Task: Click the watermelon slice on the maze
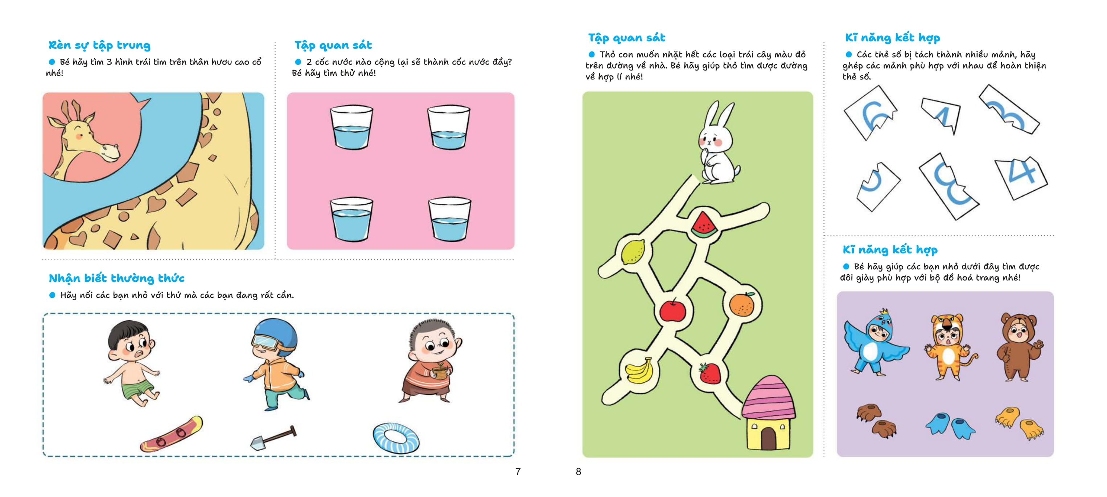(x=704, y=223)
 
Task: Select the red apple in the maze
(x=672, y=310)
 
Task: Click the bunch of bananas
(x=639, y=370)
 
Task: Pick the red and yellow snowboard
(x=171, y=434)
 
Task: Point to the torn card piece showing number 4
(x=1021, y=177)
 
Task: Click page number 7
(x=518, y=472)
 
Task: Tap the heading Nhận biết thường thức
(x=116, y=278)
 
